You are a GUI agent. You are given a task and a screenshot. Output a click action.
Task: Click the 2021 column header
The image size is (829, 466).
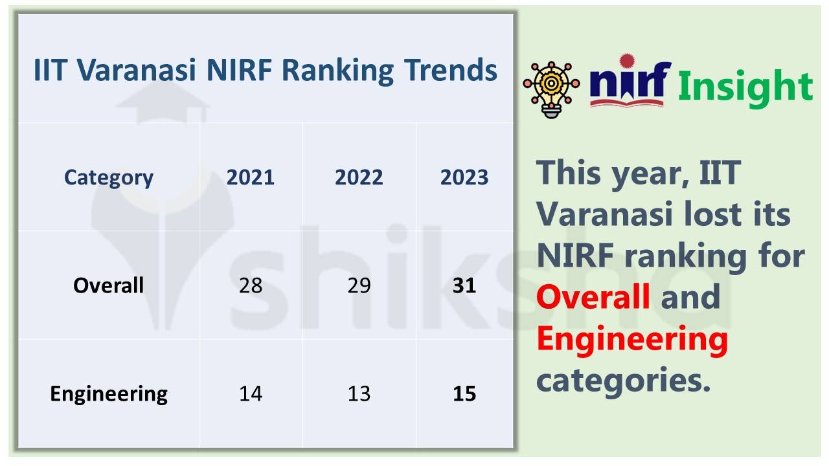[x=251, y=177]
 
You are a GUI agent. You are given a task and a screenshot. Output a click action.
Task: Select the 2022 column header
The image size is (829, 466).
[x=359, y=177]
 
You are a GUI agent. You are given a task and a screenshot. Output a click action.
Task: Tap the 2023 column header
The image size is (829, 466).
[x=464, y=177]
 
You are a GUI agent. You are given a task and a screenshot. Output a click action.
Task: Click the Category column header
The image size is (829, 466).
[x=109, y=177]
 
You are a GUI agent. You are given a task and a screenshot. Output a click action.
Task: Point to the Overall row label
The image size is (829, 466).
[x=109, y=285]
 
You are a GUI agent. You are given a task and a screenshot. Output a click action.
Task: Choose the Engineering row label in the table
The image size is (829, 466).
[x=109, y=394]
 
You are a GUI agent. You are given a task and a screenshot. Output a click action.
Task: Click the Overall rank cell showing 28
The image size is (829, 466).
[x=251, y=285]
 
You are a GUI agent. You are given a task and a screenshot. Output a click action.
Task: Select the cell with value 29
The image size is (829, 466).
[x=359, y=285]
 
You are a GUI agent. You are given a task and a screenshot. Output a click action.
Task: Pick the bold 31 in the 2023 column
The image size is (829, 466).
[x=464, y=285]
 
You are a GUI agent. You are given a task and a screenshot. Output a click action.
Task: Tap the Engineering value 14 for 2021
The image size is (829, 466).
[x=251, y=394]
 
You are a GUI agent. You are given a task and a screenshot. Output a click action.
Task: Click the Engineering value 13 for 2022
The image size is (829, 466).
[x=359, y=394]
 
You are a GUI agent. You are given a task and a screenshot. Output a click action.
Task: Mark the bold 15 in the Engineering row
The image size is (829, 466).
[x=464, y=394]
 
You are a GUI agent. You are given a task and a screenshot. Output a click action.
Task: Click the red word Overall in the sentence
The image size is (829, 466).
[x=593, y=296]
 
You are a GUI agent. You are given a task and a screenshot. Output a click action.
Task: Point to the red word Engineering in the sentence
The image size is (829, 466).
[x=632, y=339]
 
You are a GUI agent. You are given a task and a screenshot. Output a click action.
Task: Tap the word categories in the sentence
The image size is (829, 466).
[x=622, y=379]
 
